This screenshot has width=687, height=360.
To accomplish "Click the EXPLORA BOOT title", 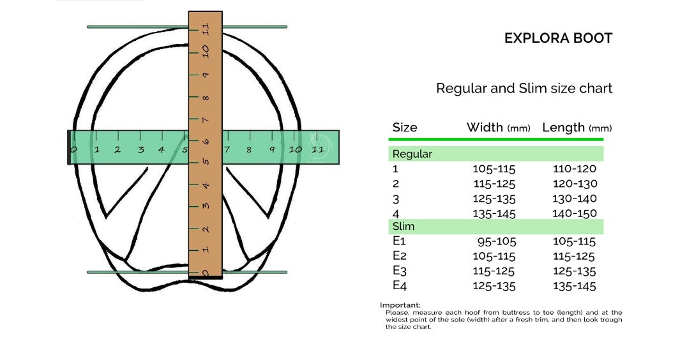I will click(558, 38).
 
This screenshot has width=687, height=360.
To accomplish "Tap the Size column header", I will click(404, 128).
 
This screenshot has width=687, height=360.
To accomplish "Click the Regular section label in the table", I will click(412, 154).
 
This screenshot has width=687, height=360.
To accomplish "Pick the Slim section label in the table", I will click(403, 227).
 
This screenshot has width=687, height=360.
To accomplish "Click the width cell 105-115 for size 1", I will click(494, 169).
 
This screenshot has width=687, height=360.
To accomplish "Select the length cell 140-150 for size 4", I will click(575, 214).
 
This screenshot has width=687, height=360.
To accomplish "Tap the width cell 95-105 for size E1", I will click(497, 242).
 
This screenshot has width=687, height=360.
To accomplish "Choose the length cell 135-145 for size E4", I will click(574, 286).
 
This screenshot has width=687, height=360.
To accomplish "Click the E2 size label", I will click(398, 257).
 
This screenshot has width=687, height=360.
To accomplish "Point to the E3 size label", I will click(399, 271).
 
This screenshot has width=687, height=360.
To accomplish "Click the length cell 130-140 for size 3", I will click(575, 199).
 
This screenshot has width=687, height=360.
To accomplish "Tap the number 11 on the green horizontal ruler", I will click(318, 150).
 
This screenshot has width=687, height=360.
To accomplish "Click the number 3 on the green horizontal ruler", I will click(140, 151).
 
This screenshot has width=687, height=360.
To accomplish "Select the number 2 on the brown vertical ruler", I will click(206, 229).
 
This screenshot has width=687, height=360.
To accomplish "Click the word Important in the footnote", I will click(400, 305).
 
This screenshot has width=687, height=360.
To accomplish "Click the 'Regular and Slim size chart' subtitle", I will click(524, 88).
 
